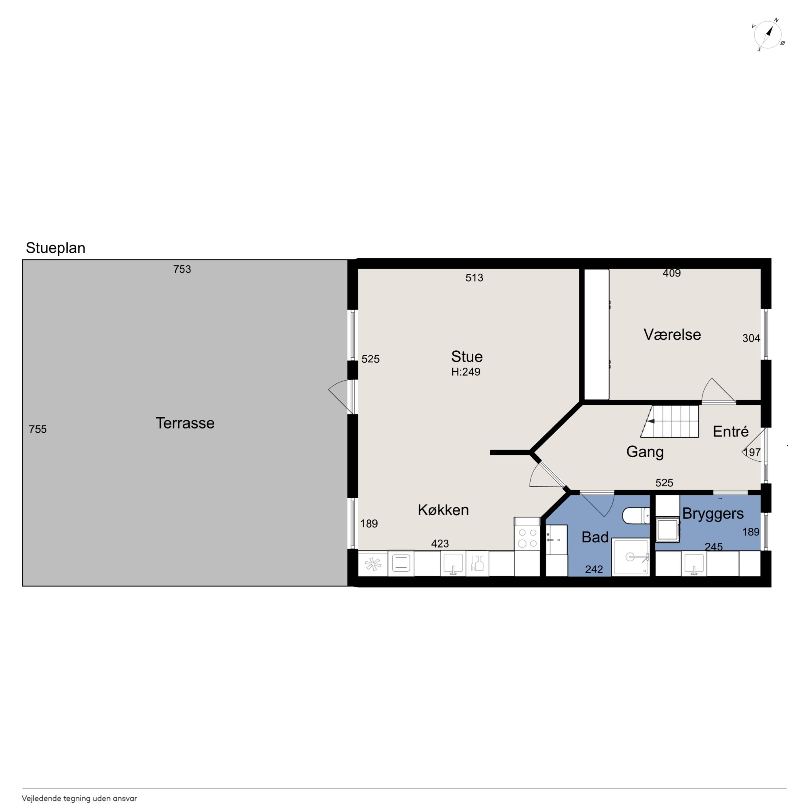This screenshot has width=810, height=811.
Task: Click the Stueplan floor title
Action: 55,248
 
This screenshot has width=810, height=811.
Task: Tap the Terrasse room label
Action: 185,423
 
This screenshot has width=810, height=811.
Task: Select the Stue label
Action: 467,357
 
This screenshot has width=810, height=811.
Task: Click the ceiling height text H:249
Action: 465,372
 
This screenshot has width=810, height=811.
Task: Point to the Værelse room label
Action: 672,335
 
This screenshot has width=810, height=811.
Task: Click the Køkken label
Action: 443,510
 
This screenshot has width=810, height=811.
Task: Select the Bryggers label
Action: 713,514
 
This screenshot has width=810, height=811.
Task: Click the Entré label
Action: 731,431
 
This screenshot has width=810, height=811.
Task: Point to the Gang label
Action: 645,452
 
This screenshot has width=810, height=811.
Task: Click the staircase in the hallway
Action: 669,421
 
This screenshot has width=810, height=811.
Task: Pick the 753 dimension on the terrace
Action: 182,269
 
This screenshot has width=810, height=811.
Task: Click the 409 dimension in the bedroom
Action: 672,273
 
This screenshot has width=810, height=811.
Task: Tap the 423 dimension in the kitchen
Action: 440,544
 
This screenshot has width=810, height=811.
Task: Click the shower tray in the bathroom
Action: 630,557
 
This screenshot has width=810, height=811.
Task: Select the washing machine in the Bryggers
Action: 668,530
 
